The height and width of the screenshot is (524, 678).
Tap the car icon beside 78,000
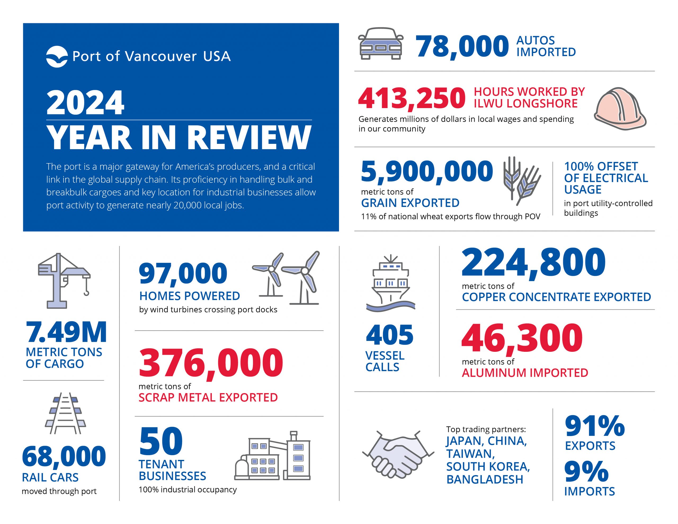pyautogui.click(x=380, y=43)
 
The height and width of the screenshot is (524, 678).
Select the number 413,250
pyautogui.click(x=412, y=98)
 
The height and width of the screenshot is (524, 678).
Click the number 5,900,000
pyautogui.click(x=427, y=171)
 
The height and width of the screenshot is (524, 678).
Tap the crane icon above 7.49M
pyautogui.click(x=64, y=280)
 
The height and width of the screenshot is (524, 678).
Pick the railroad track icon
pyautogui.click(x=65, y=413)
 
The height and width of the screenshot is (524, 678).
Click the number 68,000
pyautogui.click(x=64, y=456)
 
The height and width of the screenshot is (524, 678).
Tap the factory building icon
pyautogui.click(x=273, y=456)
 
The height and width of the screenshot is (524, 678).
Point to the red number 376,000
pyautogui.click(x=211, y=362)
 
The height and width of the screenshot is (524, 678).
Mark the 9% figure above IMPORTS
pyautogui.click(x=586, y=472)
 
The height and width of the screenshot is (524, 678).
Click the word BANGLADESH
pyautogui.click(x=485, y=479)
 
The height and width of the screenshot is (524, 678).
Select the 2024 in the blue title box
pyautogui.click(x=85, y=103)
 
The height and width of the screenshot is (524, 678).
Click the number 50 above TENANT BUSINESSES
pyautogui.click(x=161, y=441)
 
